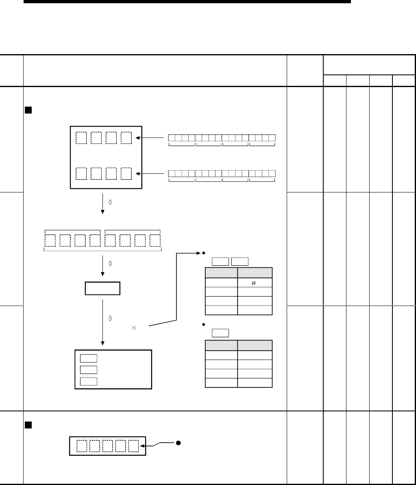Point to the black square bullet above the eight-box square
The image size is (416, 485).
point(28,110)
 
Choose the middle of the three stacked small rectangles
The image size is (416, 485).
point(89,370)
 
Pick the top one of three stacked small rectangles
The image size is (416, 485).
point(89,358)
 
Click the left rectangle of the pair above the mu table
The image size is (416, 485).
point(220,262)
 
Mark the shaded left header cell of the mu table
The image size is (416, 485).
point(221,273)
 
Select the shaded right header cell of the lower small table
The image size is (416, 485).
point(255,345)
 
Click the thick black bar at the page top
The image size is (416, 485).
point(187,2)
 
